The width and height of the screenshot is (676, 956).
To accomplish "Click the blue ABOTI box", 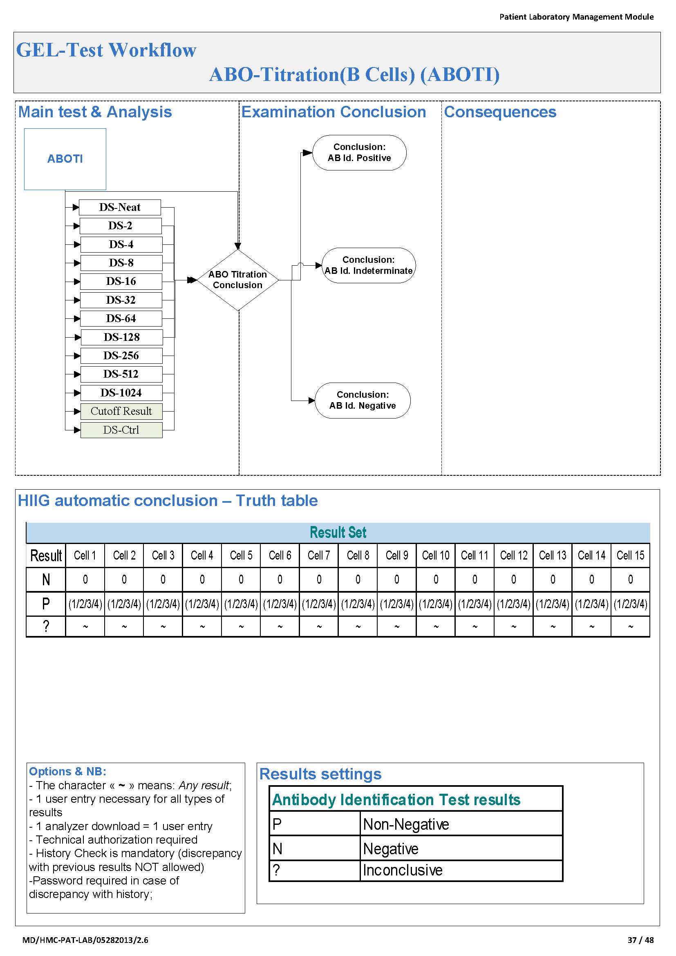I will (65, 159).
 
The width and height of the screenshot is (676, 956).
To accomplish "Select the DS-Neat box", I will (120, 207).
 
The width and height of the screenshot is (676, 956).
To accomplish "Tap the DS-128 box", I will (121, 337).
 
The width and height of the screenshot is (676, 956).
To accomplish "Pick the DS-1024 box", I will (121, 393).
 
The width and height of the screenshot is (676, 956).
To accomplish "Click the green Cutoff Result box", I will (121, 412).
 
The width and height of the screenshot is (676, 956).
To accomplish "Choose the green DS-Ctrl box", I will (121, 430).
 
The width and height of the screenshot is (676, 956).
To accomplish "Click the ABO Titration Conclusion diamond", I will (238, 280).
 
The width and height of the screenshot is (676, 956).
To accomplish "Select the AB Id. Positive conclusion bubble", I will (359, 152).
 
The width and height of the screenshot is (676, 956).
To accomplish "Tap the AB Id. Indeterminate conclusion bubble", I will (369, 265).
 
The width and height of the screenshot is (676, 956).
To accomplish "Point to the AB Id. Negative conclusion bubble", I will (363, 400).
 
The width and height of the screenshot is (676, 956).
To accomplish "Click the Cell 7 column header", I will (319, 555).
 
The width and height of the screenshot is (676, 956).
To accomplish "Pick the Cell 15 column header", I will (630, 555).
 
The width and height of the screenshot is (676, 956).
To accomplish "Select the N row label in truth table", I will (46, 579).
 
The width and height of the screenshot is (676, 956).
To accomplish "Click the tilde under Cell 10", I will (436, 627).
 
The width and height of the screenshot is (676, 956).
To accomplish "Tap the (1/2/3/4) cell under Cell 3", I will (163, 603).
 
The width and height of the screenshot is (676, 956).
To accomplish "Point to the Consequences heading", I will (500, 112).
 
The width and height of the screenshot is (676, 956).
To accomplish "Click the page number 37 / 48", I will (640, 940).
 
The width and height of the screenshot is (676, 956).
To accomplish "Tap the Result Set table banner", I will (338, 532).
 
